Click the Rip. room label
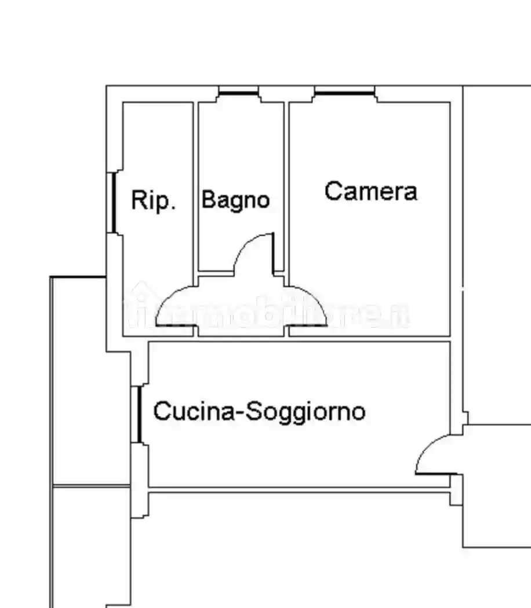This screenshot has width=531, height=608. (x=153, y=200)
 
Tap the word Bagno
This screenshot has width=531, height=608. (x=235, y=200)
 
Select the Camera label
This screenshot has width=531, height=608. (x=370, y=191)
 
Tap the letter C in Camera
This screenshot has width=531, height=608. (x=332, y=191)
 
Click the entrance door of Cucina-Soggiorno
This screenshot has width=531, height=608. (x=432, y=457)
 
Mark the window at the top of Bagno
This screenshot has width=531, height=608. (x=238, y=93)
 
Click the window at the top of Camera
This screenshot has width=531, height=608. (x=344, y=93)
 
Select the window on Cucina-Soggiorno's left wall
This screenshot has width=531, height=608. (x=140, y=415)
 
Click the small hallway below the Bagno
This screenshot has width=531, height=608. (x=241, y=307)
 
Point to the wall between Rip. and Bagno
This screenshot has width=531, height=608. (x=196, y=185)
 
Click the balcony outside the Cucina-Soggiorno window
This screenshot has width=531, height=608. (x=90, y=382)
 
